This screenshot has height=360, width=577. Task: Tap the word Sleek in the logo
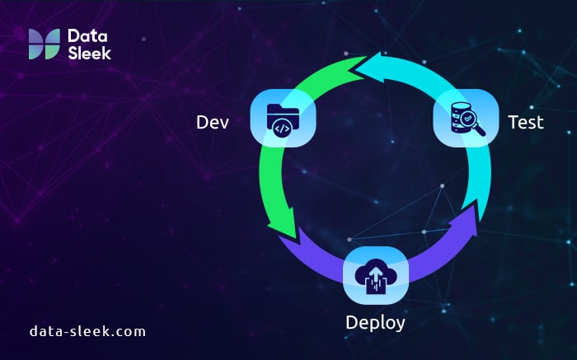(89, 52)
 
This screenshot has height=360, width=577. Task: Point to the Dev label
(212, 122)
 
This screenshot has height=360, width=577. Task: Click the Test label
(526, 122)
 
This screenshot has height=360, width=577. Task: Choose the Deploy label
(376, 321)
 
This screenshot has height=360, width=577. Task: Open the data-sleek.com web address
(87, 331)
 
